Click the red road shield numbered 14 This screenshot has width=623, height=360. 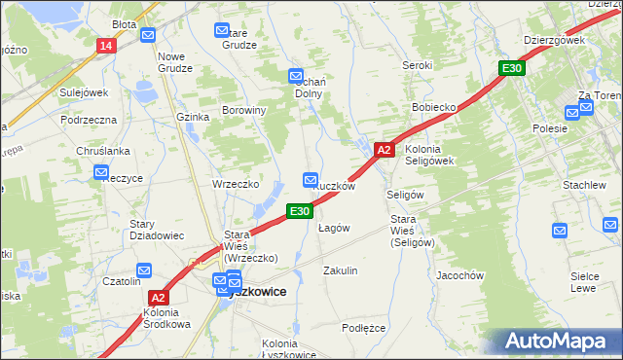106,46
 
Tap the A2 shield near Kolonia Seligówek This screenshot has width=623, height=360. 384,150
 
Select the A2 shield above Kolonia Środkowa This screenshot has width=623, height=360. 160,299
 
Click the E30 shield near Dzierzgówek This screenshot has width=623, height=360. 512,68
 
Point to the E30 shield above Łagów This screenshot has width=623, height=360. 299,210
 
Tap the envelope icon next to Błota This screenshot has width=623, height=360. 148,36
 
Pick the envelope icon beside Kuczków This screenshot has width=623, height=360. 311,180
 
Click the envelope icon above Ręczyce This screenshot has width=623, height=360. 102,173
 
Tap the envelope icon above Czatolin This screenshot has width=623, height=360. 144,270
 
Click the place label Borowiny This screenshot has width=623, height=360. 244,111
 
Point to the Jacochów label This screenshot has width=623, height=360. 460,275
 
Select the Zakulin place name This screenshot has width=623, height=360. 341,270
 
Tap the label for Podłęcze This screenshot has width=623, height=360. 364,328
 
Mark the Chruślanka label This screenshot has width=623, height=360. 102,151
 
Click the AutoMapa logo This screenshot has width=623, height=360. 554,341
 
